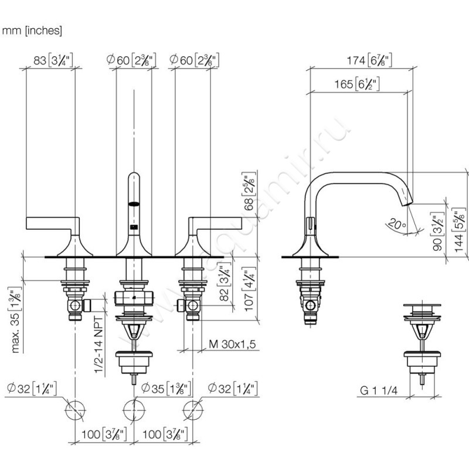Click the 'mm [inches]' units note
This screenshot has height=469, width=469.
tap(32, 30)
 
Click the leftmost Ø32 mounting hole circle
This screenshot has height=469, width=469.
tap(76, 409)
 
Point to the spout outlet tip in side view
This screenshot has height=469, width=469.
tap(407, 201)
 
